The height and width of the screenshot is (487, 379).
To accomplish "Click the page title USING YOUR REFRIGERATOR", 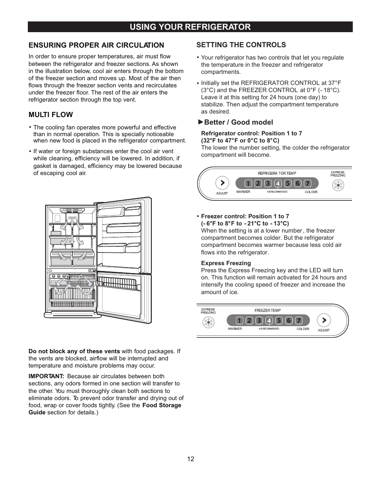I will pos(190,27).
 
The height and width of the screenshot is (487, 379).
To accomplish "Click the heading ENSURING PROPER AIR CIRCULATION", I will pos(96,45).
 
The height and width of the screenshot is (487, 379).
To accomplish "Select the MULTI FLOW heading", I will pos(50,115).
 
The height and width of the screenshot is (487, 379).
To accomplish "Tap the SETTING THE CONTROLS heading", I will pos(241,45).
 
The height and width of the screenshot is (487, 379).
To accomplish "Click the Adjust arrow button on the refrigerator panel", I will pos(222,183).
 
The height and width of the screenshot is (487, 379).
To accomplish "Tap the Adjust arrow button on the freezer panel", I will pos(324,320).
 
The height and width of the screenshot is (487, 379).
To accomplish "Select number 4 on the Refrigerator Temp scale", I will pos(278,183).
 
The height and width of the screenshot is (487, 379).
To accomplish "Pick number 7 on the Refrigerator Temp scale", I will pos(307,183).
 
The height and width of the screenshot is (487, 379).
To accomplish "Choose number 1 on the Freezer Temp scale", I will pos(239,321).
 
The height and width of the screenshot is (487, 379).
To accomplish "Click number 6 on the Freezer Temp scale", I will pos(289,321).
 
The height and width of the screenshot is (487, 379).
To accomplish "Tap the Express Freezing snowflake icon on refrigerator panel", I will pos(338,185).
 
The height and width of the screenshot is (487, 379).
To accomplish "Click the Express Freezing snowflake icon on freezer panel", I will pos(208,322).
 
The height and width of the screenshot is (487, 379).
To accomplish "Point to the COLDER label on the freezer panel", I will pos(303,329).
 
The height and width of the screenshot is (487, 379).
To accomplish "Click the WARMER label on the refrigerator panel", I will pos(243,192).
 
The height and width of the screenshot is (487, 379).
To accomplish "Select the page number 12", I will pos(191,459).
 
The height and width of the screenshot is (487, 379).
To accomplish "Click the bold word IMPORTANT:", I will pos(46,376).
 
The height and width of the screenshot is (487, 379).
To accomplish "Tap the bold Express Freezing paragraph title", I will pos(226,263).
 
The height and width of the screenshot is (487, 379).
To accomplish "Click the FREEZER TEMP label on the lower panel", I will pos(267,310).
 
